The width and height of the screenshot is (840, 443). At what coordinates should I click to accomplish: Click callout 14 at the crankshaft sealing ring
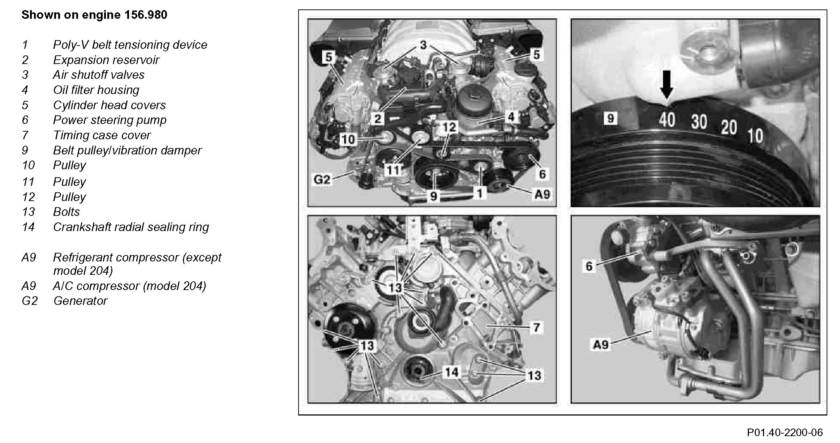point(451,372)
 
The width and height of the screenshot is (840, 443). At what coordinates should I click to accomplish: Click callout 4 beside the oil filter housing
point(511,117)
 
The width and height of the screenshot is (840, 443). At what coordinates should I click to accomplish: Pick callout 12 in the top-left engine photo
point(450,127)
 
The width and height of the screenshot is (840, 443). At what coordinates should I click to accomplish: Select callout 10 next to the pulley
point(348,139)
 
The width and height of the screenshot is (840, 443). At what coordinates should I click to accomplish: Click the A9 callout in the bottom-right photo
point(601,344)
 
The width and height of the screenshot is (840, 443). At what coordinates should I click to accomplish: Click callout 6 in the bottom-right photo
point(589,266)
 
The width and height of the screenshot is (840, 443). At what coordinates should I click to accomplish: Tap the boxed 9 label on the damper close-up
point(610,118)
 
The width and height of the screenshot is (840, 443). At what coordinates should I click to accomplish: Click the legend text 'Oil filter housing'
point(96,90)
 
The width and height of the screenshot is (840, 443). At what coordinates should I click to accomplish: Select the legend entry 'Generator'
point(80,301)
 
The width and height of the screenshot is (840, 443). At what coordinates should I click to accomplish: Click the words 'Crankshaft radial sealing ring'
point(131,227)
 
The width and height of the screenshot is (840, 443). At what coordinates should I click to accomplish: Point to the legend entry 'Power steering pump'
point(110,120)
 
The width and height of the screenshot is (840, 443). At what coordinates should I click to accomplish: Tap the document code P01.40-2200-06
point(785,433)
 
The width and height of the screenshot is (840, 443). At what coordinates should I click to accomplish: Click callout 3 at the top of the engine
point(423,45)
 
